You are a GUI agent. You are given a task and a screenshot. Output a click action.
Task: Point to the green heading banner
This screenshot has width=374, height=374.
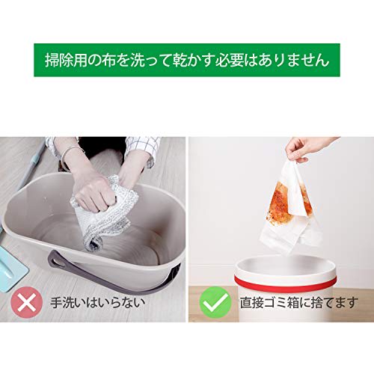click(x=186, y=58)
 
